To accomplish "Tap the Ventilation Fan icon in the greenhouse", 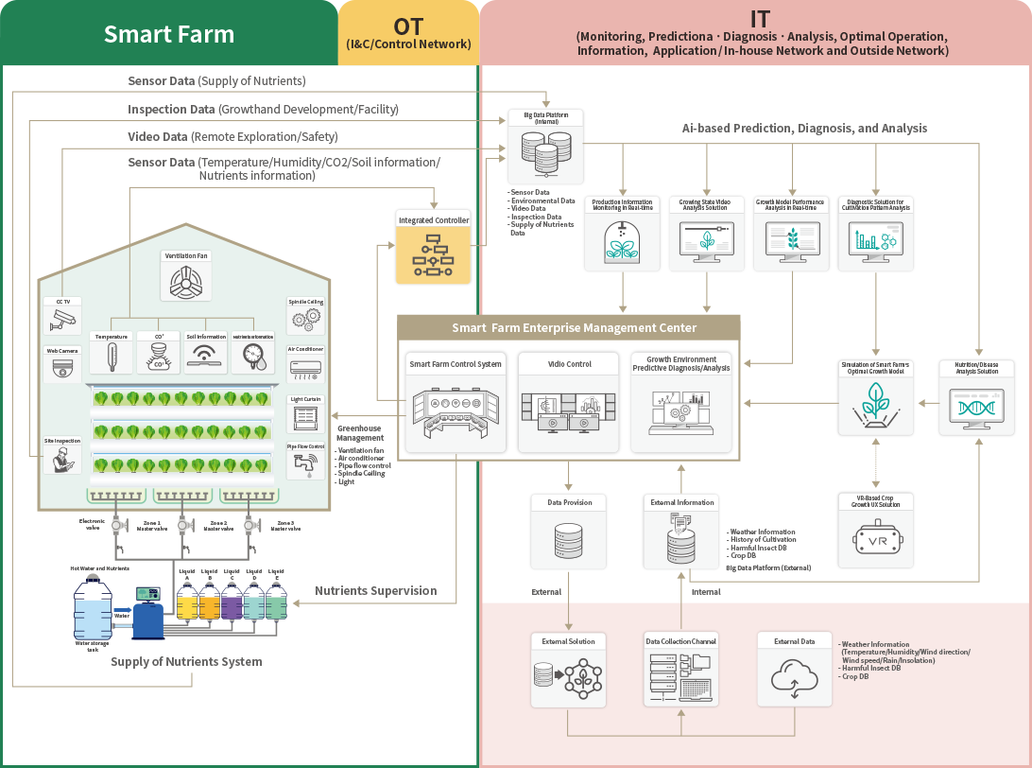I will [x=186, y=281].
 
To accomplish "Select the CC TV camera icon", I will [x=63, y=322].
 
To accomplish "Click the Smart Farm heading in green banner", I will [x=169, y=34].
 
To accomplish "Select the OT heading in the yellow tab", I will [x=408, y=26].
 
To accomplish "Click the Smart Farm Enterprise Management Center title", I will [x=568, y=327].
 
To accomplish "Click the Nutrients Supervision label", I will [x=375, y=590].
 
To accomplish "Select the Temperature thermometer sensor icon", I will [x=112, y=358].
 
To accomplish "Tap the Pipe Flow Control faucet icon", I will [x=305, y=464].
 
